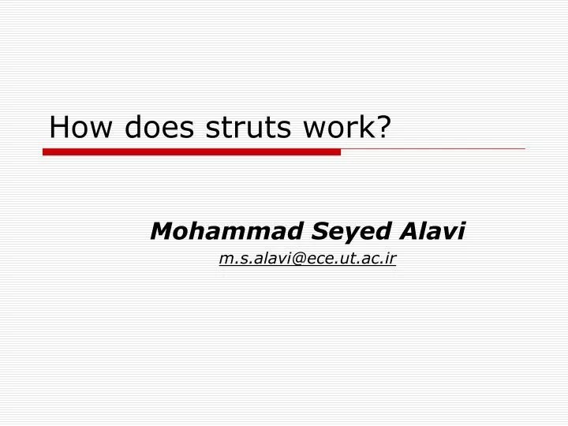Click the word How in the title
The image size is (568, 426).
click(x=76, y=127)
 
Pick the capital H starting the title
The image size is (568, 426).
click(x=58, y=127)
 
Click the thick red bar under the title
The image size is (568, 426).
click(x=192, y=151)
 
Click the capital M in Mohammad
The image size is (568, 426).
click(x=162, y=231)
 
